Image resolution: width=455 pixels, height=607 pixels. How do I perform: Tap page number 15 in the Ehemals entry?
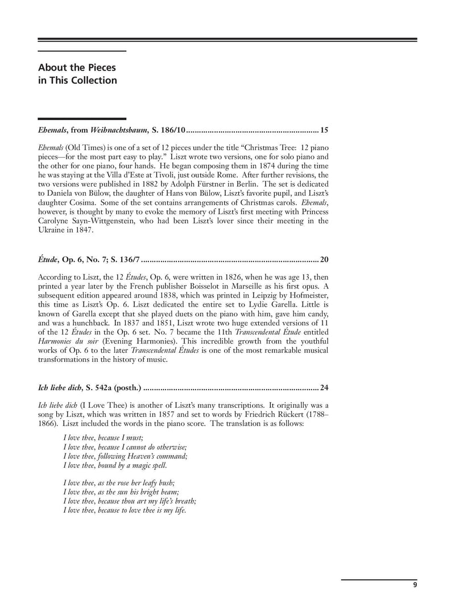324,130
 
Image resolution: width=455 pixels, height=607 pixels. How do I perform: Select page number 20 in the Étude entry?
324,260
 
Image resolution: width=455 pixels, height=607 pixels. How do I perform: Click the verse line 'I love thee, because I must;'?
103,437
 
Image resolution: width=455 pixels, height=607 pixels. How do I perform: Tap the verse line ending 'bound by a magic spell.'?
115,465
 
